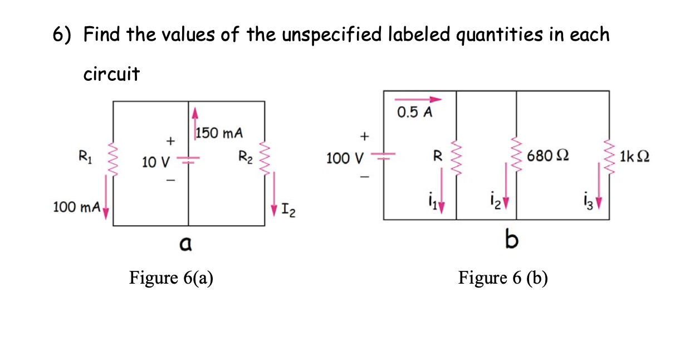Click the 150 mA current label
(x=220, y=134)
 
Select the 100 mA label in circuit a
(x=76, y=208)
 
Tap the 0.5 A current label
(x=415, y=113)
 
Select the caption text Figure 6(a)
(x=171, y=277)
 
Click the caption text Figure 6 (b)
(x=503, y=277)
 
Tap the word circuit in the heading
(x=111, y=74)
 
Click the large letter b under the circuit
(x=511, y=241)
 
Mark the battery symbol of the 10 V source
(x=189, y=160)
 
